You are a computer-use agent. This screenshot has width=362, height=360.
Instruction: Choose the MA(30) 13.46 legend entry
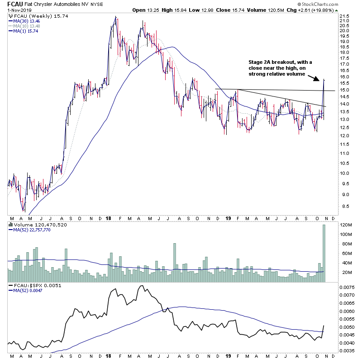pyautogui.click(x=27, y=21)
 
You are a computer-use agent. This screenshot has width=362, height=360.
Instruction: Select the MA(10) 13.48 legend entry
pyautogui.click(x=27, y=26)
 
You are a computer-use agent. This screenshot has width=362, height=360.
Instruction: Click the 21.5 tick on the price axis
pyautogui.click(x=345, y=20)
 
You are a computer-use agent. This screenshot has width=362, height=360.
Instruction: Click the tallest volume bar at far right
pyautogui.click(x=324, y=254)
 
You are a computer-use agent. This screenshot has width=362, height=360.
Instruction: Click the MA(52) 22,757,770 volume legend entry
pyautogui.click(x=33, y=229)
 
